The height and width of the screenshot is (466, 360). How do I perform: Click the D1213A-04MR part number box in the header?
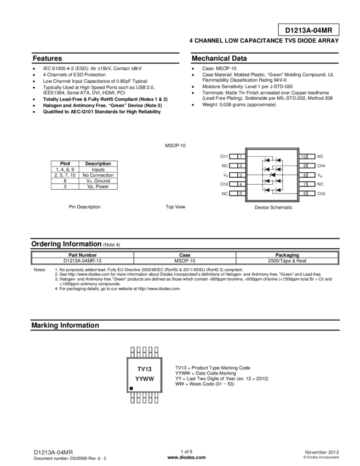pos(308,31)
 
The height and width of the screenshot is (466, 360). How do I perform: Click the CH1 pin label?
pos(224,156)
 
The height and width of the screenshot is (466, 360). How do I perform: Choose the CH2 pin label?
pos(224,184)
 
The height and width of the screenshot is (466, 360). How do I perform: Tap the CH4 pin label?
pos(321,166)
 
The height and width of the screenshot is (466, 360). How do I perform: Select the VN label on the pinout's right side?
pos(321,175)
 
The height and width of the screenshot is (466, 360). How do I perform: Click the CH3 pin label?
pos(321,194)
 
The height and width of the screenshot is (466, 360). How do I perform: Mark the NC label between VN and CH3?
pos(321,184)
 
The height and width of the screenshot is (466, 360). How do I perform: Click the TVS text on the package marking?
pos(144,369)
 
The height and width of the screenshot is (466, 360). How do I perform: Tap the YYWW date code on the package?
pos(144,379)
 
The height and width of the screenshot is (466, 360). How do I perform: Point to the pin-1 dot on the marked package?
pos(131,388)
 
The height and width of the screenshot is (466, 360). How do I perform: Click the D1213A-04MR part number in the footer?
pos(53,453)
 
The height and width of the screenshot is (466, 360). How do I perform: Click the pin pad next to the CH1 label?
pos(237,156)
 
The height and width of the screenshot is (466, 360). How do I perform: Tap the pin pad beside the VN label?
pos(307,175)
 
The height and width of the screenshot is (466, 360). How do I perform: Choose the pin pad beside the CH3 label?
pos(307,194)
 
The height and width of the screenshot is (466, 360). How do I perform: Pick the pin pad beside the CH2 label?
pos(237,184)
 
